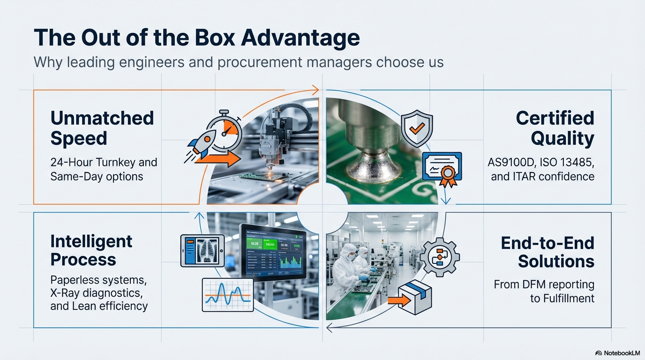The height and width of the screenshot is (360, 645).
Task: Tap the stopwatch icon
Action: (224, 127)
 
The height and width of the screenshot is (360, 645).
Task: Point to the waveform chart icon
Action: (227, 294)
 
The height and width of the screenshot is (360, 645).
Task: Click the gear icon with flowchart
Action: (439, 257)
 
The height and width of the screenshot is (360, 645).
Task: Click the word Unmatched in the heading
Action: (102, 118)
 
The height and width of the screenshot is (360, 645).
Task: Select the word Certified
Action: (555, 118)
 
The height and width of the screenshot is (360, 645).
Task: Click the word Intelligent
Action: (91, 241)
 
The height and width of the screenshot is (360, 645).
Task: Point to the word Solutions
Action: (556, 262)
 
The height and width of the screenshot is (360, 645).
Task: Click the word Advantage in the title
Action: (300, 38)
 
